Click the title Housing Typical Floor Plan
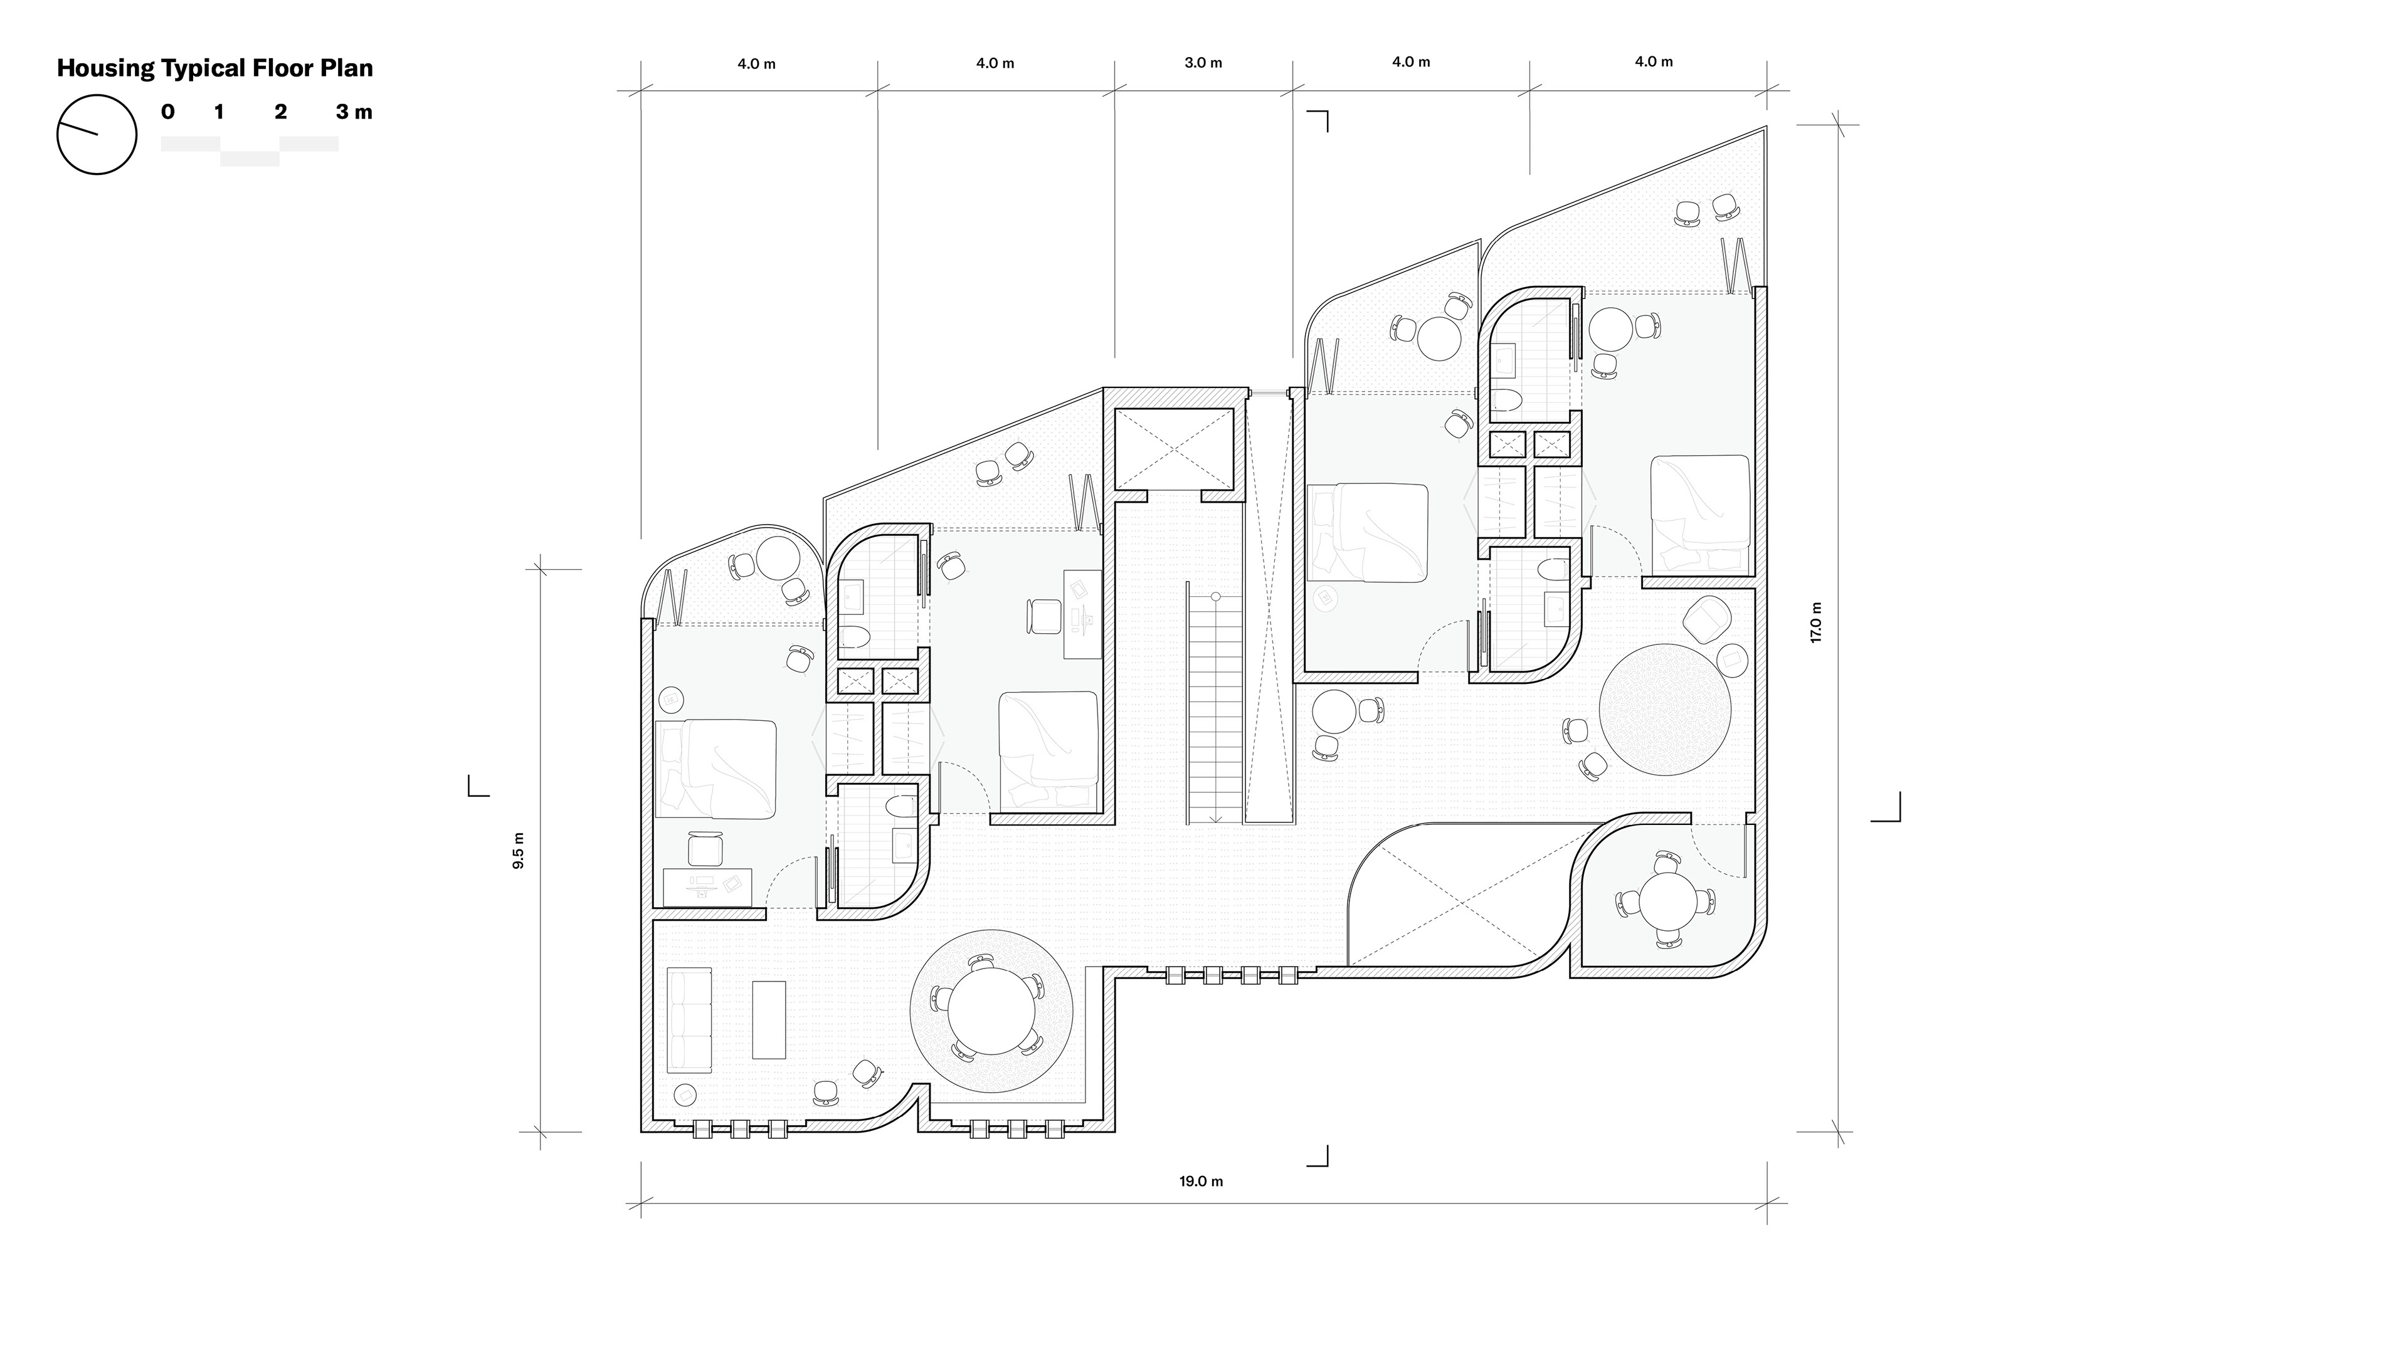click(215, 68)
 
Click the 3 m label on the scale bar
click(354, 112)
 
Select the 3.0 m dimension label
click(1203, 63)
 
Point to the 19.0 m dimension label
click(1201, 1181)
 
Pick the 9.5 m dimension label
click(519, 851)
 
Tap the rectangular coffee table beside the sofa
click(769, 1019)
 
